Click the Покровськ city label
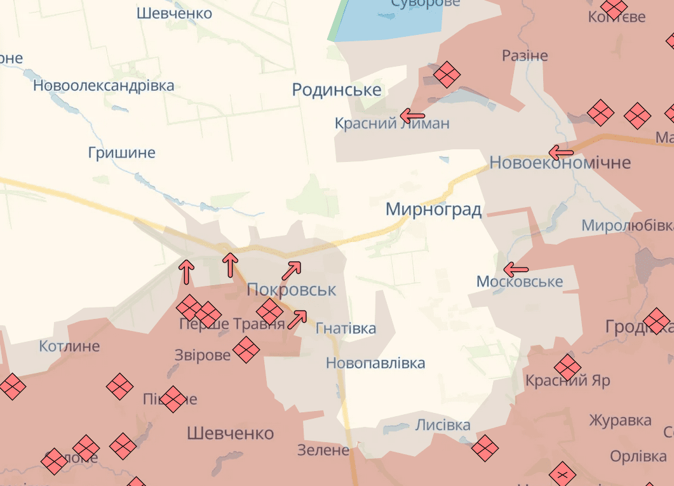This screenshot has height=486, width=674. click(x=291, y=290)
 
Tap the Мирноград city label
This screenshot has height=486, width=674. click(x=434, y=209)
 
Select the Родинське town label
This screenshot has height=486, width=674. click(x=337, y=90)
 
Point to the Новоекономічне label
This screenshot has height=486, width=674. click(x=560, y=163)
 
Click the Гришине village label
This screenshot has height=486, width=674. click(x=122, y=152)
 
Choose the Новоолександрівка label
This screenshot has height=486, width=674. click(x=104, y=85)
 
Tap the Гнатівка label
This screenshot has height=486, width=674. click(x=346, y=328)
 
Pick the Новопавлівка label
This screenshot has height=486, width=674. click(x=375, y=363)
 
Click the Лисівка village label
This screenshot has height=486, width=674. click(x=443, y=425)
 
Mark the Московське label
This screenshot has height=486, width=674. click(x=520, y=281)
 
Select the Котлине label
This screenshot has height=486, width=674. click(x=69, y=346)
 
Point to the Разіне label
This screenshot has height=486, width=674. click(x=525, y=55)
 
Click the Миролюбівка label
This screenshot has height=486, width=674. click(x=627, y=226)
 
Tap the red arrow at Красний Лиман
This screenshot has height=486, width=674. click(x=412, y=116)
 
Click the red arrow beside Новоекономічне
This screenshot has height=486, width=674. click(x=561, y=152)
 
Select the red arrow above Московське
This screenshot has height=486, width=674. click(x=516, y=269)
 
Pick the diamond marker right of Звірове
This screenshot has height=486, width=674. click(x=246, y=350)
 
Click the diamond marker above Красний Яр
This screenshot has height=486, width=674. click(x=567, y=367)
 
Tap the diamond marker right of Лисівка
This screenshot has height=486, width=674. click(x=485, y=447)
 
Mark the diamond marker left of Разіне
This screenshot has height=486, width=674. click(x=447, y=75)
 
